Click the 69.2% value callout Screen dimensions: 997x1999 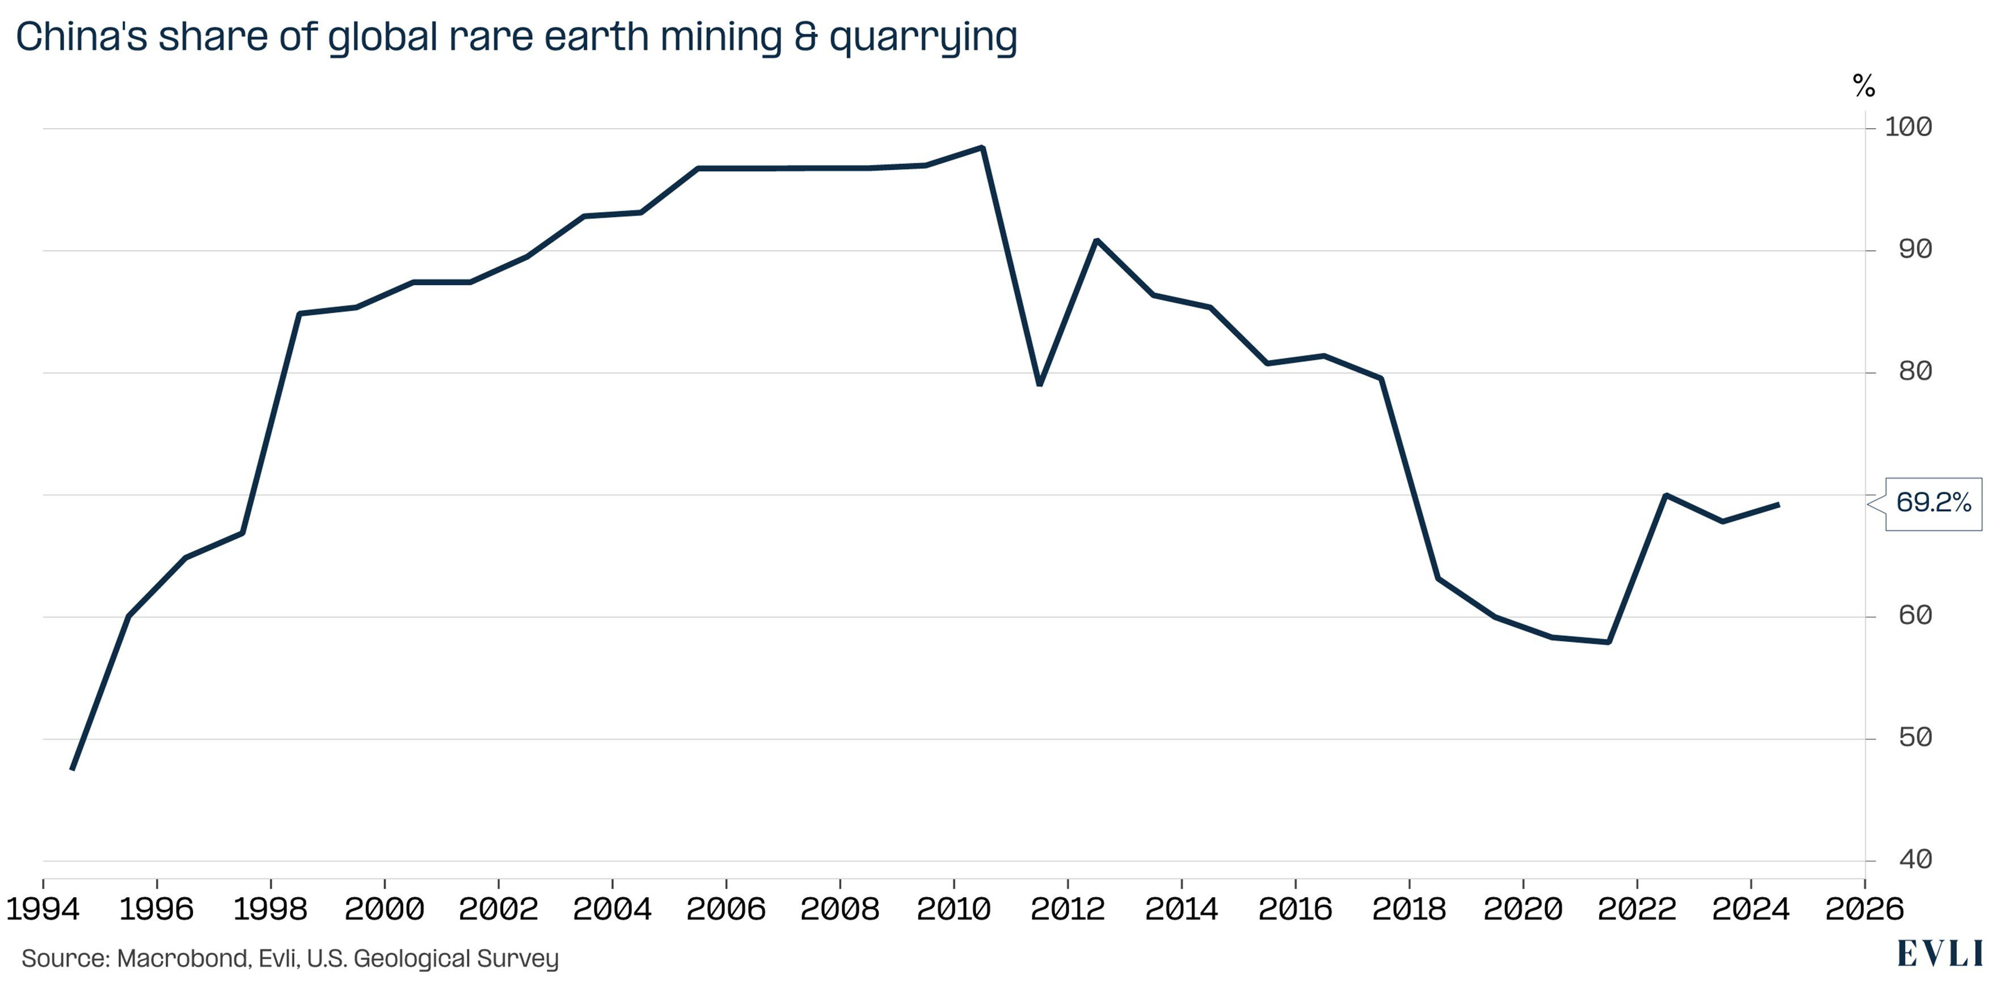click(x=1933, y=504)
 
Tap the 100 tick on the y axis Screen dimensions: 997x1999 click(x=1908, y=127)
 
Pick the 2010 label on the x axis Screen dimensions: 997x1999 click(x=953, y=909)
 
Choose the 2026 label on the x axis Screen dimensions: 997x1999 click(x=1864, y=909)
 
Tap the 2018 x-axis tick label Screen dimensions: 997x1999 click(x=1408, y=909)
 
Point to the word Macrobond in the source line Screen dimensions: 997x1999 click(x=183, y=959)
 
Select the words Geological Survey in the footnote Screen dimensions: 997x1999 click(x=456, y=959)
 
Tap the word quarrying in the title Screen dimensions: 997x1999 click(x=923, y=37)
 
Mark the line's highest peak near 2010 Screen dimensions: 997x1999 click(x=982, y=147)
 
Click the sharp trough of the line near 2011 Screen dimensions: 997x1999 click(x=1039, y=384)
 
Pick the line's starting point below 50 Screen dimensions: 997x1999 click(x=72, y=769)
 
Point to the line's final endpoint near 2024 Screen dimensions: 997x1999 click(x=1778, y=505)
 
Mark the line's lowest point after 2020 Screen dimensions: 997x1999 click(x=1608, y=641)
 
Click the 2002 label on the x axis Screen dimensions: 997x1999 click(x=498, y=909)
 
